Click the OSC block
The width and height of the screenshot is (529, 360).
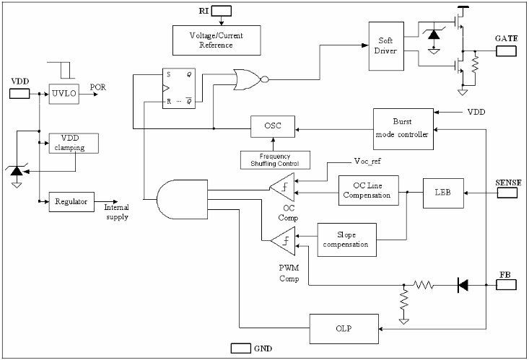(x=271, y=128)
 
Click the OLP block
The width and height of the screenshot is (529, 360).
(x=343, y=328)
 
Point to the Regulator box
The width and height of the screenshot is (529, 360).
(x=71, y=201)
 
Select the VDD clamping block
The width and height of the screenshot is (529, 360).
(x=72, y=142)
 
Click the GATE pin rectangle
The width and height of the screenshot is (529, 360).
(x=506, y=51)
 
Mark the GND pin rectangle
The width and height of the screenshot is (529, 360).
(x=240, y=348)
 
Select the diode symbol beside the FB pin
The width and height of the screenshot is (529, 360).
(x=462, y=285)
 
